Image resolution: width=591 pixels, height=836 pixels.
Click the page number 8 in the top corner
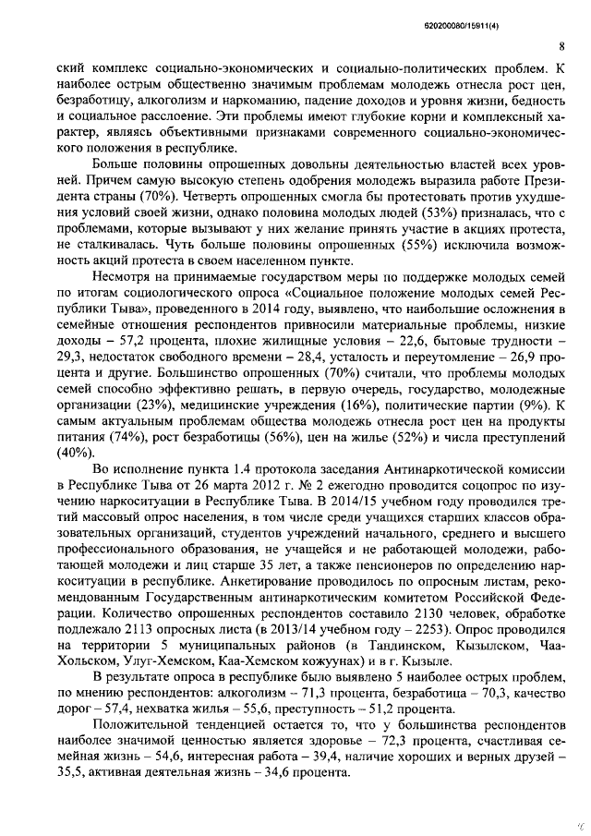coord(561,45)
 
